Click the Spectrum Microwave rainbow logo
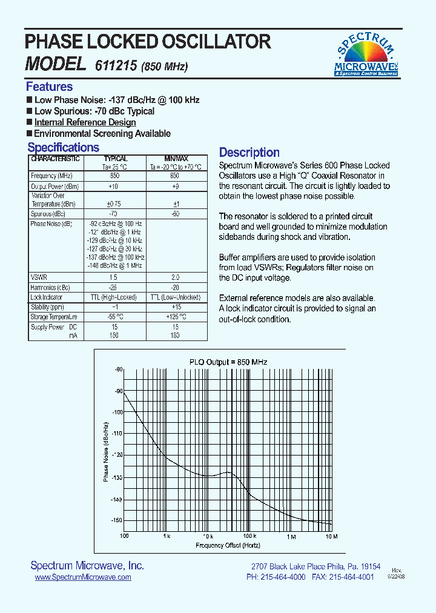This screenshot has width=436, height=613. coord(366,55)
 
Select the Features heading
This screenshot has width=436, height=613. coord(49,87)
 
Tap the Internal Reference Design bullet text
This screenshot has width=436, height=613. coord(85,122)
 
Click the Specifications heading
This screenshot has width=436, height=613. coord(63,148)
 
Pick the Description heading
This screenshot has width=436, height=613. coord(249,153)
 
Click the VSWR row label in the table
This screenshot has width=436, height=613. coord(39,276)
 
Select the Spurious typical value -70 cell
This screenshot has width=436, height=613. coord(112,214)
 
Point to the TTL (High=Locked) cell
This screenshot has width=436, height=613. coord(112,297)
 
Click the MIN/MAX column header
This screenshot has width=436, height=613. coord(175,159)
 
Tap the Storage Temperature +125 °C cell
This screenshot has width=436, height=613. coord(175,316)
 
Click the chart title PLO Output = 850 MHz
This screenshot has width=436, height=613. coord(228,362)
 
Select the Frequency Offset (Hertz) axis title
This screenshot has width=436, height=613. coord(228,545)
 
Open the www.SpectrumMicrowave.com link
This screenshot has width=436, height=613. coord(83,578)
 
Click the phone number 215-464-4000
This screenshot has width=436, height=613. coord(284,577)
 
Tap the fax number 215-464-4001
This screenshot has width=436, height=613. coord(352,577)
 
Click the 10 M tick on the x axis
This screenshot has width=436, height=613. coord(331,536)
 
